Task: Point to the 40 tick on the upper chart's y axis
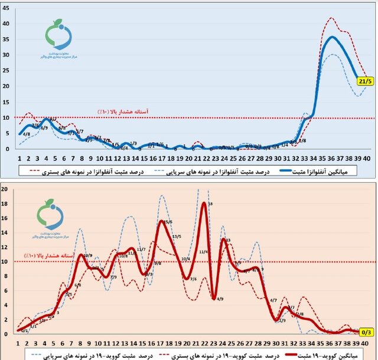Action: coord(7,24)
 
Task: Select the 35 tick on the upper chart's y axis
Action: coord(7,40)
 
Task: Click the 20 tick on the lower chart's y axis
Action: coord(5,189)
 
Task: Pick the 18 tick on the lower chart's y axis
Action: coord(5,204)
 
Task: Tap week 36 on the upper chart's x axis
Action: coord(333,158)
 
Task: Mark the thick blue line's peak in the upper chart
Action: coord(333,37)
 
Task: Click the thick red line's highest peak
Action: coord(204,204)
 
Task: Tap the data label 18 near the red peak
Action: coord(211,204)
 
